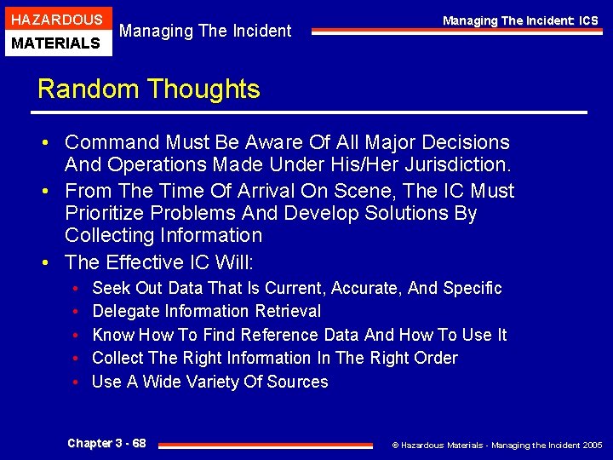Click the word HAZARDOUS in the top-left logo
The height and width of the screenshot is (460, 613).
pos(55,20)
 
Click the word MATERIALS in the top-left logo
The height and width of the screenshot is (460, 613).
pos(55,43)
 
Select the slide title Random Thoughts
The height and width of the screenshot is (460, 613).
pos(149,89)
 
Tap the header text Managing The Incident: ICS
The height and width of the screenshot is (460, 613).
pos(520,20)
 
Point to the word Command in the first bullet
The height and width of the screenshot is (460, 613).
pos(114,143)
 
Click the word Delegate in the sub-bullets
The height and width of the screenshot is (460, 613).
pos(125,312)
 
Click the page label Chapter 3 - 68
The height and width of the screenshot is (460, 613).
pos(106,443)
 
